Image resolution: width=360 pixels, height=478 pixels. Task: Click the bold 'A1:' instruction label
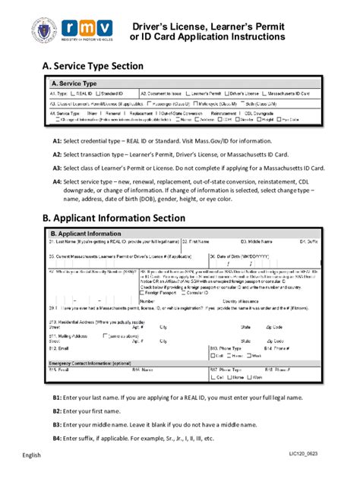(57, 141)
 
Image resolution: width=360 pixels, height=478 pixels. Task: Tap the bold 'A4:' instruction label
(57, 182)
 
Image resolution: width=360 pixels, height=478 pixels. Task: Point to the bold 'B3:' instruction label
(57, 424)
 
